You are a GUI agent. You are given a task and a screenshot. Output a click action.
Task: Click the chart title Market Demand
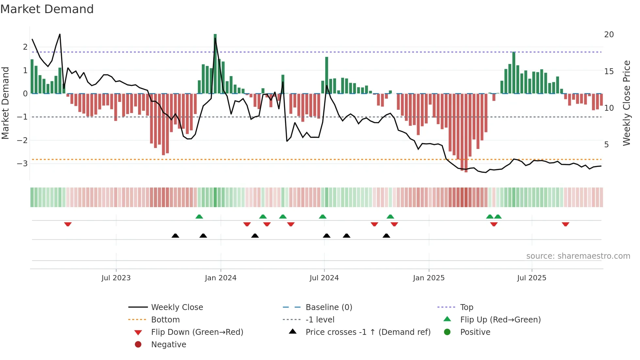click(x=47, y=9)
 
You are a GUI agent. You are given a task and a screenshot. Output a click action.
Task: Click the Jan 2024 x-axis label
click(x=220, y=278)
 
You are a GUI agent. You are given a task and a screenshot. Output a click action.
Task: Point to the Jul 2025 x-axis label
click(x=531, y=278)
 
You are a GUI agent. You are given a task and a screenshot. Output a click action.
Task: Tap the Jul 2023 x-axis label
click(x=116, y=278)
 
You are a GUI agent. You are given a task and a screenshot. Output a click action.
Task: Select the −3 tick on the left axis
click(x=22, y=163)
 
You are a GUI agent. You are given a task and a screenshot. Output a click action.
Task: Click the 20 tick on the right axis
click(x=609, y=35)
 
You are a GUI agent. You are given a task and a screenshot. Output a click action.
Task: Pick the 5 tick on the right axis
click(x=606, y=144)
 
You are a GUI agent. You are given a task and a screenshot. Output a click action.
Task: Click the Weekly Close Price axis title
click(x=626, y=103)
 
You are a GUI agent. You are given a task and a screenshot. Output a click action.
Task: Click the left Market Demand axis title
click(x=5, y=103)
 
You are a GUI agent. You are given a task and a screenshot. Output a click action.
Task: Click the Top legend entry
click(x=466, y=307)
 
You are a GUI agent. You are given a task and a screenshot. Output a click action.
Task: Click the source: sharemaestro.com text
click(x=578, y=256)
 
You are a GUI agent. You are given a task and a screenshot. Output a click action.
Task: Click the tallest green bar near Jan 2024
click(x=215, y=64)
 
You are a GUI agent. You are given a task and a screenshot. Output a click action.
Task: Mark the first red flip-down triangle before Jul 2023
click(x=68, y=224)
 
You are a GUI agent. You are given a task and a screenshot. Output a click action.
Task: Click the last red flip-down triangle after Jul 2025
click(x=566, y=224)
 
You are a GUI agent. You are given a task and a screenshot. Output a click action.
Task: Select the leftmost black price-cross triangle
click(x=175, y=236)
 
